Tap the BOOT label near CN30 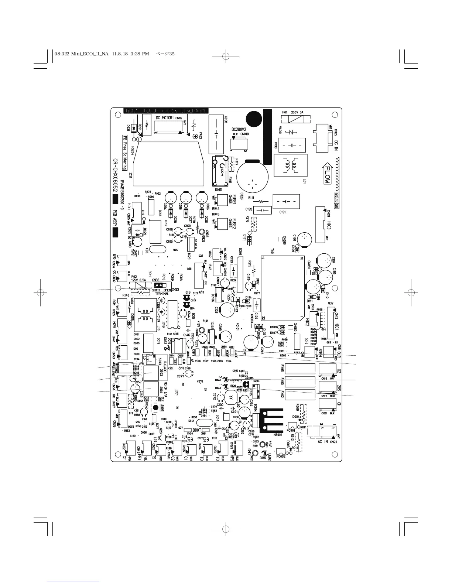196,430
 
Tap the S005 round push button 156,408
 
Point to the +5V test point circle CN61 262,445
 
